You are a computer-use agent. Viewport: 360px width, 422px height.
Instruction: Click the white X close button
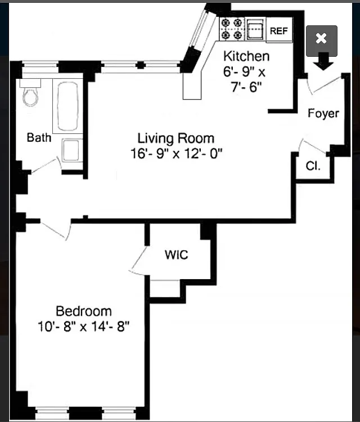pos(321,38)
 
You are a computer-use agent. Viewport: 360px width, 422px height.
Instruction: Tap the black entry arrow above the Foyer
pos(323,61)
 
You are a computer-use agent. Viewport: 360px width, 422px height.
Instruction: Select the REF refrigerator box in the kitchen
pos(279,30)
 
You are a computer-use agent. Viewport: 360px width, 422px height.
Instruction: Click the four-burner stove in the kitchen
pos(231,29)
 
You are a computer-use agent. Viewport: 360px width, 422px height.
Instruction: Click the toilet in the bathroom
pos(30,93)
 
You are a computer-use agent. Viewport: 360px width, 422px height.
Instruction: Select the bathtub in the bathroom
pos(68,106)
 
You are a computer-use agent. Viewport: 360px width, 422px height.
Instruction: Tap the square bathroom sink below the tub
pos(72,150)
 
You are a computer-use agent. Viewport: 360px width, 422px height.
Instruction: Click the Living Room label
pos(176,138)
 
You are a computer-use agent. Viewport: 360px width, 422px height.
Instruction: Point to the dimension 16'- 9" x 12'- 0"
pos(177,154)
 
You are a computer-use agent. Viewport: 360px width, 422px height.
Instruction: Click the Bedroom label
pos(84,311)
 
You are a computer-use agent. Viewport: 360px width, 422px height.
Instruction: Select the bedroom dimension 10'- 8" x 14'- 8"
pos(83,327)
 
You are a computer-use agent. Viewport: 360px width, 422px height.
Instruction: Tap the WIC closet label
pos(176,254)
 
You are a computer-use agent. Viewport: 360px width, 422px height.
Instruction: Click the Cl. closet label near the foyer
pos(313,166)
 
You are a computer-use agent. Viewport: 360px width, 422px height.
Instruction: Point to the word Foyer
pos(323,113)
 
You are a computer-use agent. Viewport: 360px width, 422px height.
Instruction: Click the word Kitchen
pos(246,56)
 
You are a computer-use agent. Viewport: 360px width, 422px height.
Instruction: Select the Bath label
pos(39,137)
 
